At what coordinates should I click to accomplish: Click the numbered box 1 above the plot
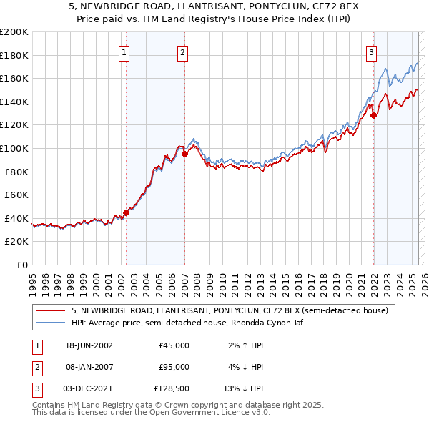pos(124,51)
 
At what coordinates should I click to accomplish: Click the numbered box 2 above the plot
pos(183,51)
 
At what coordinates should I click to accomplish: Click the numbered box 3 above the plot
pos(372,51)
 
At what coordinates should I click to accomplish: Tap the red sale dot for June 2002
pos(126,212)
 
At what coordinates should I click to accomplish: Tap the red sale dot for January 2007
pos(184,153)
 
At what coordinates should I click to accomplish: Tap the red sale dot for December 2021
pos(373,114)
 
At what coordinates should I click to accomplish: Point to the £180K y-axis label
pos(14,55)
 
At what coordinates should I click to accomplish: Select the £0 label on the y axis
pos(21,265)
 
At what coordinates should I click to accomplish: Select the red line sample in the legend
pos(51,310)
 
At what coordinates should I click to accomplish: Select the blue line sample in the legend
pos(51,323)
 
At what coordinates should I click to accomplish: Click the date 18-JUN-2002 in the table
pos(89,345)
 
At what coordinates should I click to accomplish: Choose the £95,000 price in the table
pos(174,367)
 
